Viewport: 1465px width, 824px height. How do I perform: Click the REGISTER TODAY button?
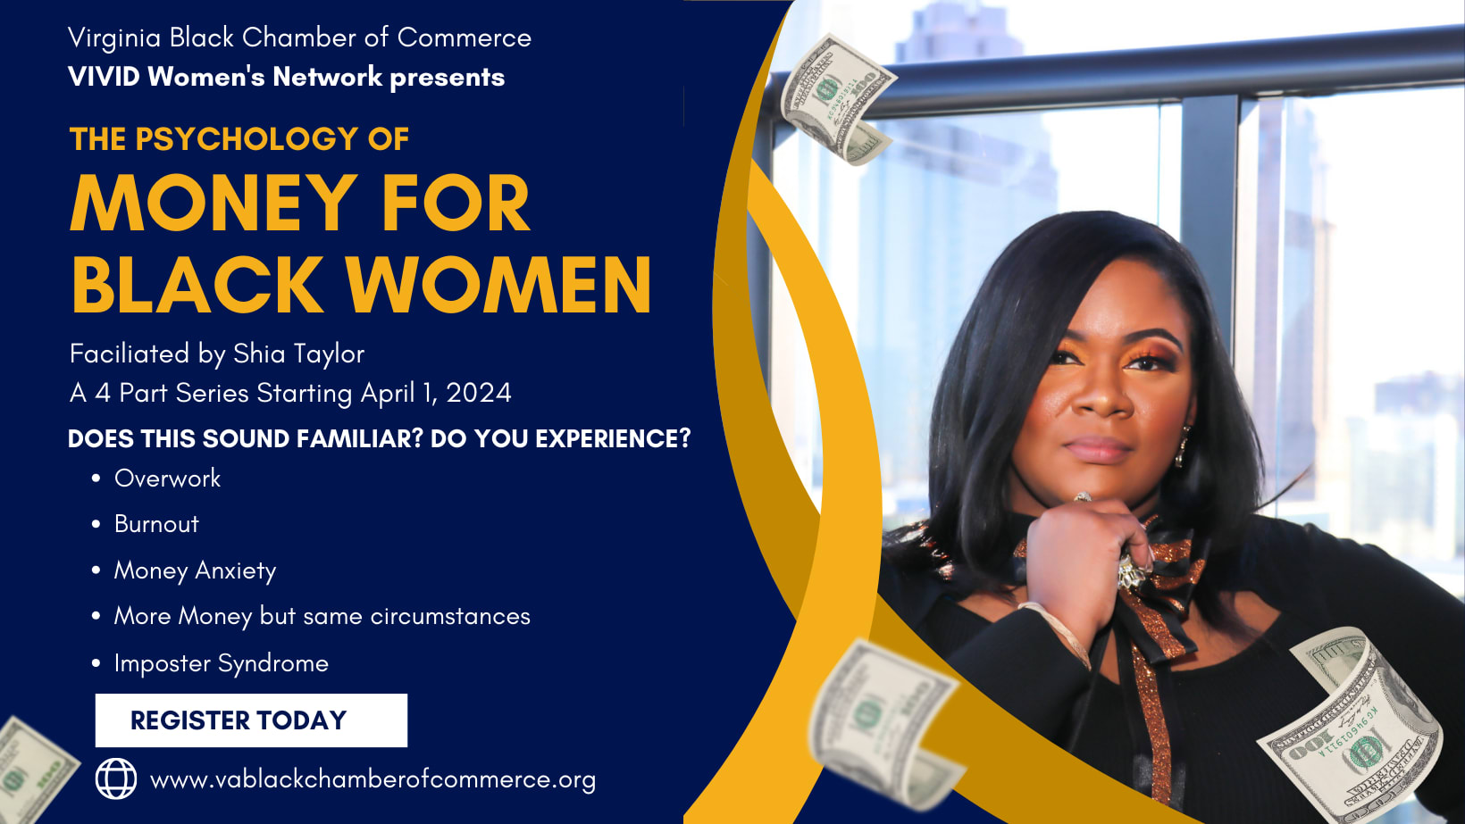pyautogui.click(x=251, y=720)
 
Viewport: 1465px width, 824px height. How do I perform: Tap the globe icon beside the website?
pyautogui.click(x=116, y=778)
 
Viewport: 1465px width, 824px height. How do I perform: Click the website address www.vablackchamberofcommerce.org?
pyautogui.click(x=373, y=779)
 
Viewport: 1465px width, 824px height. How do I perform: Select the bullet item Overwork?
pyautogui.click(x=167, y=479)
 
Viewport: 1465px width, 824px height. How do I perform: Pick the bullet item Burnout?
pyautogui.click(x=156, y=524)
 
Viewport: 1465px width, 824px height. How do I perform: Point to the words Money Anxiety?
pyautogui.click(x=195, y=571)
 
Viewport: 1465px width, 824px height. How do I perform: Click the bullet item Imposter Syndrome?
pyautogui.click(x=221, y=664)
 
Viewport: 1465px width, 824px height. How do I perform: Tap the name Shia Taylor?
pyautogui.click(x=299, y=354)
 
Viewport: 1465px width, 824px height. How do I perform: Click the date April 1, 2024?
pyautogui.click(x=436, y=394)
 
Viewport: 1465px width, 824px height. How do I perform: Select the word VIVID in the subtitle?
pyautogui.click(x=104, y=77)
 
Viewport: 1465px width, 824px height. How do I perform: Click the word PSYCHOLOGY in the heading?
pyautogui.click(x=247, y=139)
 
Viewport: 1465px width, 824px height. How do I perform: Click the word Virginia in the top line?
pyautogui.click(x=114, y=38)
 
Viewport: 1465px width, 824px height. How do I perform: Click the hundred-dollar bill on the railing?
pyautogui.click(x=836, y=98)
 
